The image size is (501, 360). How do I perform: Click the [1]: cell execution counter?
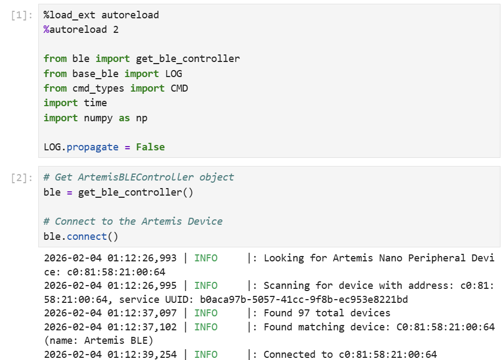click(x=22, y=15)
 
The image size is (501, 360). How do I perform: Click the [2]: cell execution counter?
click(x=22, y=177)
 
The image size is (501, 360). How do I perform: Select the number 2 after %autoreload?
click(x=116, y=30)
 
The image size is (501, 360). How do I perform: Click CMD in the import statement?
click(x=180, y=88)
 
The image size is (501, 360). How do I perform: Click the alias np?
click(x=142, y=118)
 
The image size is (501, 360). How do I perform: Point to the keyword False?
click(x=150, y=147)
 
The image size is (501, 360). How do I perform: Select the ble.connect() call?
click(x=81, y=236)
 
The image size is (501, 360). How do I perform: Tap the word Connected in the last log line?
click(x=286, y=355)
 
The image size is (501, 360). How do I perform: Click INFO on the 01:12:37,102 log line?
click(x=206, y=327)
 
